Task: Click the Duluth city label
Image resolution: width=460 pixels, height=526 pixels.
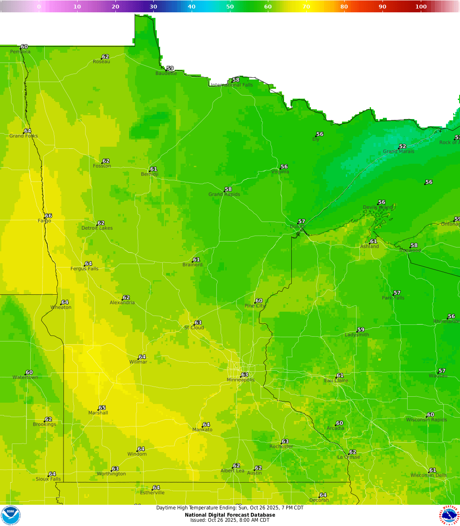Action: pyautogui.click(x=298, y=227)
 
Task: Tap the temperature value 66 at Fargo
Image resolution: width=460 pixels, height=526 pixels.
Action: pyautogui.click(x=49, y=216)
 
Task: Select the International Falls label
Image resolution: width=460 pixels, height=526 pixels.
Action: pyautogui.click(x=232, y=85)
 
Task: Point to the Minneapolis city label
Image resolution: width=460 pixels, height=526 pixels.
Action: pyautogui.click(x=241, y=380)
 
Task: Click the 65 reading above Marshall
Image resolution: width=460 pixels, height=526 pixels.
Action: pyautogui.click(x=102, y=408)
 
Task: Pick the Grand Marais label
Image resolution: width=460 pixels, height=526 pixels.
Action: pyautogui.click(x=398, y=151)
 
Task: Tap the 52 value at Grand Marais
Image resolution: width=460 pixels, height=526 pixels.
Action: pyautogui.click(x=402, y=146)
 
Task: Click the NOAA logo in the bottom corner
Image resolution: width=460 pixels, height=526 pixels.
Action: pyautogui.click(x=10, y=515)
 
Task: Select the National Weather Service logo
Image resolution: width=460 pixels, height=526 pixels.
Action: pyautogui.click(x=449, y=515)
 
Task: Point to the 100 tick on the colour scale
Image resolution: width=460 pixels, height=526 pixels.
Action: pyautogui.click(x=421, y=6)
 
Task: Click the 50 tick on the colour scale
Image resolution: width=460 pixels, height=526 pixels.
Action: pyautogui.click(x=230, y=6)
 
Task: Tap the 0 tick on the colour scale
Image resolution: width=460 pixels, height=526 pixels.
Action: pyautogui.click(x=39, y=6)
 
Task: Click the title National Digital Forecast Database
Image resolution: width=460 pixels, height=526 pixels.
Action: pyautogui.click(x=230, y=515)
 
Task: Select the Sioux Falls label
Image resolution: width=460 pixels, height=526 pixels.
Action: pyautogui.click(x=48, y=479)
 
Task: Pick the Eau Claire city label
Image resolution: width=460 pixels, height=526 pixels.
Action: pyautogui.click(x=336, y=381)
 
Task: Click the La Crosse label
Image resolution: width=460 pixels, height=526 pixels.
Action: pyautogui.click(x=349, y=457)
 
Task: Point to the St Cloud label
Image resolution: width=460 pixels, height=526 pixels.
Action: pyautogui.click(x=194, y=328)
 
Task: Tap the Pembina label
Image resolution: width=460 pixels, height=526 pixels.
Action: pyautogui.click(x=20, y=52)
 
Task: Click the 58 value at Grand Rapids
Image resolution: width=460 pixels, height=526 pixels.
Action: pyautogui.click(x=228, y=189)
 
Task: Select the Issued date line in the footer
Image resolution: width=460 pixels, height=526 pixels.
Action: pyautogui.click(x=230, y=520)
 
